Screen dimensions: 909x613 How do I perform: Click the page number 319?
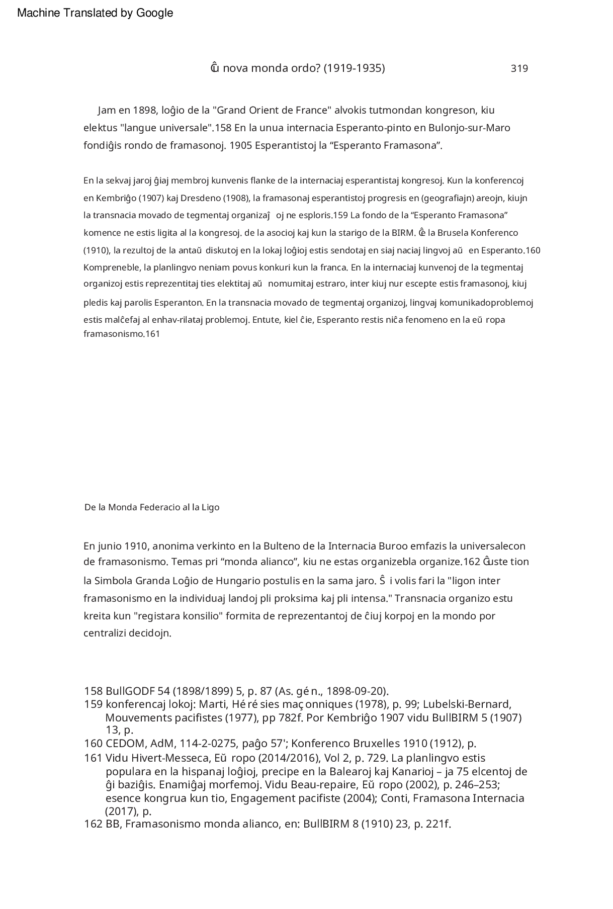pyautogui.click(x=519, y=69)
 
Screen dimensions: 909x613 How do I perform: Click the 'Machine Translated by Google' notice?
pyautogui.click(x=95, y=13)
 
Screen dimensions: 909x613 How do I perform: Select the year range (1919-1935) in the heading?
pyautogui.click(x=354, y=68)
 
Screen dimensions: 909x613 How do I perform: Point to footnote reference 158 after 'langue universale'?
pyautogui.click(x=223, y=128)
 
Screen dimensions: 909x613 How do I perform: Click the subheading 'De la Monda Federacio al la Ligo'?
pyautogui.click(x=152, y=507)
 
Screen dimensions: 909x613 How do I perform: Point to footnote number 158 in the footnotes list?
pyautogui.click(x=93, y=691)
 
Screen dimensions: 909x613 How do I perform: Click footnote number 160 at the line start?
pyautogui.click(x=93, y=744)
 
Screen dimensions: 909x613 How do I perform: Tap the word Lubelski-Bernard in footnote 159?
pyautogui.click(x=467, y=704)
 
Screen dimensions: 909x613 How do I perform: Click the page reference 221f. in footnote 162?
pyautogui.click(x=439, y=824)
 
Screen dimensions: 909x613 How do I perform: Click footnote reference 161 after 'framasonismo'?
pyautogui.click(x=152, y=333)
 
